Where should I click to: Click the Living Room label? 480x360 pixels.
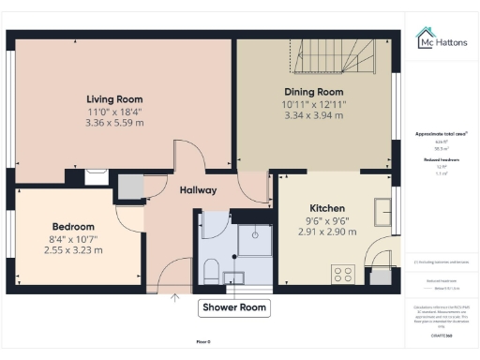pyautogui.click(x=113, y=98)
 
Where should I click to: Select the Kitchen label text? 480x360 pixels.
pyautogui.click(x=328, y=207)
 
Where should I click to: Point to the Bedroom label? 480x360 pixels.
pyautogui.click(x=73, y=227)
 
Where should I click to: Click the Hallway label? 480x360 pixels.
pyautogui.click(x=198, y=190)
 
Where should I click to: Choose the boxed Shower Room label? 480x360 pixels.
pyautogui.click(x=233, y=307)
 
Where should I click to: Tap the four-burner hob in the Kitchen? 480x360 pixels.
pyautogui.click(x=343, y=275)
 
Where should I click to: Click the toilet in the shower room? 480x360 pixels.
pyautogui.click(x=212, y=273)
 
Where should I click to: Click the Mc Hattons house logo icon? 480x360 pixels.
pyautogui.click(x=424, y=37)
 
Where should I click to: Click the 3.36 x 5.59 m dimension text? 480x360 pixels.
pyautogui.click(x=113, y=122)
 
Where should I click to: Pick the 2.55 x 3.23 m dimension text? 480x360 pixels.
pyautogui.click(x=73, y=250)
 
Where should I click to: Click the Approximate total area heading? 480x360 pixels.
pyautogui.click(x=442, y=134)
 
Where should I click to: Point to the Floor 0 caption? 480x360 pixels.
pyautogui.click(x=203, y=342)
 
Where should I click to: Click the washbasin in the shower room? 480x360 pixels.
pyautogui.click(x=233, y=276)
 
